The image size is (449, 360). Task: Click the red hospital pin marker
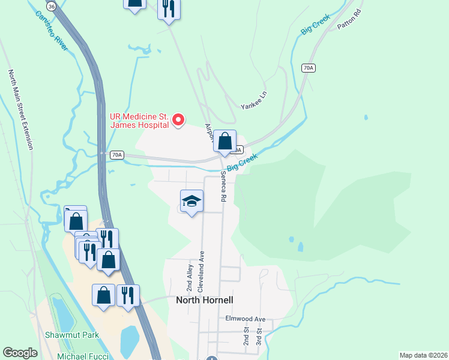[178, 120]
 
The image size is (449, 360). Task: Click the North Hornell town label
[204, 300]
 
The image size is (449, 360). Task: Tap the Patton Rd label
[349, 19]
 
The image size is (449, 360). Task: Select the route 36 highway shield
[52, 6]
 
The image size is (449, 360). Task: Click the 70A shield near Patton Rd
[308, 68]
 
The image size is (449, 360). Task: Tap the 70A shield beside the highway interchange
[116, 155]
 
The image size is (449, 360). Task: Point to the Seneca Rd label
[223, 187]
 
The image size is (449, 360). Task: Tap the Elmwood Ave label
[245, 319]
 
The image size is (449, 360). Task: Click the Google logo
[20, 353]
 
